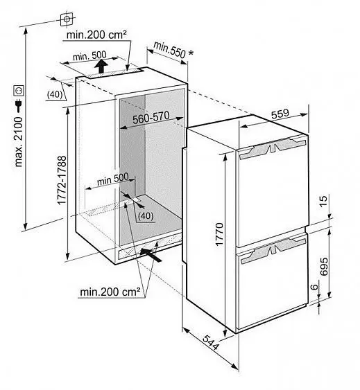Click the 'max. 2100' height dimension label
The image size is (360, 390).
coord(19,142)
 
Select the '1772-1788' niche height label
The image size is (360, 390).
coord(62,180)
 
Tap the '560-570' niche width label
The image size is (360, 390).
coord(151,118)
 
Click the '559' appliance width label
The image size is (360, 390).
coord(280,114)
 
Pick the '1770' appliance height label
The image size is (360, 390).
coord(219,234)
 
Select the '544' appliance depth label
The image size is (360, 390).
coord(210,342)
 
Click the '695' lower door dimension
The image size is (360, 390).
coord(324,267)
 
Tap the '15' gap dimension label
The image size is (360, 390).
coord(323,201)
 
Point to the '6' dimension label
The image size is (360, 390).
coord(315,287)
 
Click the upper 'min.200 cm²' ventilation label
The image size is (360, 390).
coord(96,35)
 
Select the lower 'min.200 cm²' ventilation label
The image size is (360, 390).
coord(110,292)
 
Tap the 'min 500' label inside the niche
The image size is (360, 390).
coord(113,179)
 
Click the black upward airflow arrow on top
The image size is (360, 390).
coord(101,66)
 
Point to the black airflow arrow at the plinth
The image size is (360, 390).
coord(151,254)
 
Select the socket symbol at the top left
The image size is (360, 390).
coord(67,19)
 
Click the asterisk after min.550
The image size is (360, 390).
coord(191,53)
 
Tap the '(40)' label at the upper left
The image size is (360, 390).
coord(55,95)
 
